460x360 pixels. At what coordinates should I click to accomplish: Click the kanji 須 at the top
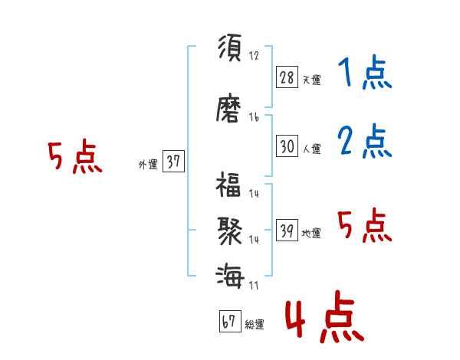click(x=230, y=48)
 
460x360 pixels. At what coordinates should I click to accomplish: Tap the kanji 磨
click(x=230, y=109)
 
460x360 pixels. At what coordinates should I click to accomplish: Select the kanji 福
click(x=230, y=186)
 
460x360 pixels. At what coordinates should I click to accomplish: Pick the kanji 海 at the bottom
click(x=230, y=274)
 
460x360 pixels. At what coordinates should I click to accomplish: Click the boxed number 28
click(x=287, y=77)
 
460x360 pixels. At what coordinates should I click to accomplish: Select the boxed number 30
click(x=287, y=147)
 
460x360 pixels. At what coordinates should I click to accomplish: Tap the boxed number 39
click(x=287, y=231)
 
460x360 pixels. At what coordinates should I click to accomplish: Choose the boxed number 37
click(x=173, y=162)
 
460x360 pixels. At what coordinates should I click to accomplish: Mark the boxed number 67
click(x=229, y=322)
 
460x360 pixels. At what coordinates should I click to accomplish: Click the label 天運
click(x=311, y=80)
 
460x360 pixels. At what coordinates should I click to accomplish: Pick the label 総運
click(x=255, y=325)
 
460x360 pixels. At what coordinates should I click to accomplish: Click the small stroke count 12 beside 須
click(x=254, y=55)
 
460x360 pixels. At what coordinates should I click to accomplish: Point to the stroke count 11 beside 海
click(x=254, y=285)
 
